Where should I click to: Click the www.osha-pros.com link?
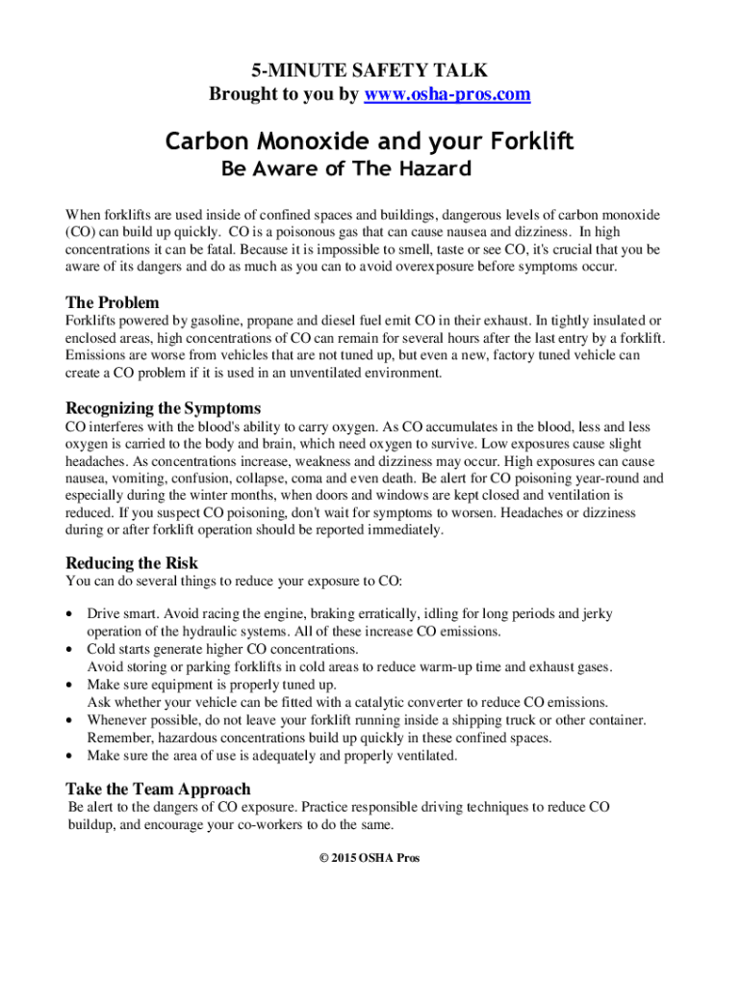pyautogui.click(x=447, y=94)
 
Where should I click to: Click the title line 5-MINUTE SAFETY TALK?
pyautogui.click(x=370, y=70)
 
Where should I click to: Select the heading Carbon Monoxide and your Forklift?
pyautogui.click(x=370, y=143)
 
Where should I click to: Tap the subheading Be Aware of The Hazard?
pyautogui.click(x=346, y=169)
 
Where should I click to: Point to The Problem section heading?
pyautogui.click(x=112, y=301)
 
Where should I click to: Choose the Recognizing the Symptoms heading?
pyautogui.click(x=163, y=407)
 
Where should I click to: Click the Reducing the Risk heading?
pyautogui.click(x=132, y=562)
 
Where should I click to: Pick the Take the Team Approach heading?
pyautogui.click(x=158, y=789)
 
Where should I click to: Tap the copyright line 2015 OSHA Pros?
pyautogui.click(x=370, y=858)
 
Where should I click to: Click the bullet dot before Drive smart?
pyautogui.click(x=69, y=614)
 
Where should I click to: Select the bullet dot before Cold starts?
pyautogui.click(x=69, y=650)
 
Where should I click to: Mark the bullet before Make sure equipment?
pyautogui.click(x=69, y=686)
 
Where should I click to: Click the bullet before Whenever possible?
pyautogui.click(x=69, y=720)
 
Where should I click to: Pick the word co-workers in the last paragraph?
pyautogui.click(x=274, y=825)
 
